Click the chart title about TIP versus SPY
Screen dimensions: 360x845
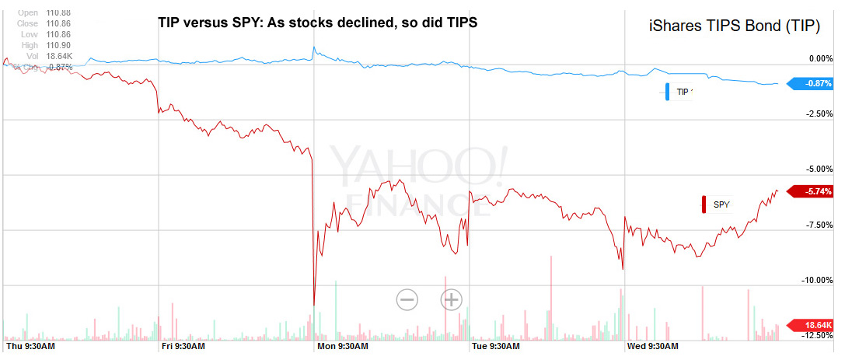[x=317, y=23]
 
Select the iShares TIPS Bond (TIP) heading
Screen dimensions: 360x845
[x=735, y=26]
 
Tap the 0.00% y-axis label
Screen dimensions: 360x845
[x=821, y=58]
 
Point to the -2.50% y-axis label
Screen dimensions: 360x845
[x=819, y=114]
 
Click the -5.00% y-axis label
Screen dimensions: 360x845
[x=819, y=170]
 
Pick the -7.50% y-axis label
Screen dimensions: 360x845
[x=819, y=225]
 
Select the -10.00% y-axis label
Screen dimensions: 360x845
[x=817, y=280]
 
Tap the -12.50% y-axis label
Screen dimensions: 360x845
[x=817, y=335]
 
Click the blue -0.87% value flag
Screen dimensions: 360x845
[x=813, y=83]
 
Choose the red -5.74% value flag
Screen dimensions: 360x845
[x=813, y=190]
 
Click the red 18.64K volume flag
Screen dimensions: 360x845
[x=813, y=325]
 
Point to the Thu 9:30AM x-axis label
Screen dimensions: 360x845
[x=30, y=345]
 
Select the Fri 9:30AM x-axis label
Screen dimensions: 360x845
[x=183, y=345]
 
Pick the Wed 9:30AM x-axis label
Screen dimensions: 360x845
[x=653, y=345]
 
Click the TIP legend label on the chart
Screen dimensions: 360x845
[x=683, y=92]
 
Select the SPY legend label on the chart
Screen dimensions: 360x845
[x=722, y=204]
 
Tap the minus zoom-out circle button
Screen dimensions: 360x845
[x=407, y=299]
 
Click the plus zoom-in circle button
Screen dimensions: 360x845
[x=452, y=299]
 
